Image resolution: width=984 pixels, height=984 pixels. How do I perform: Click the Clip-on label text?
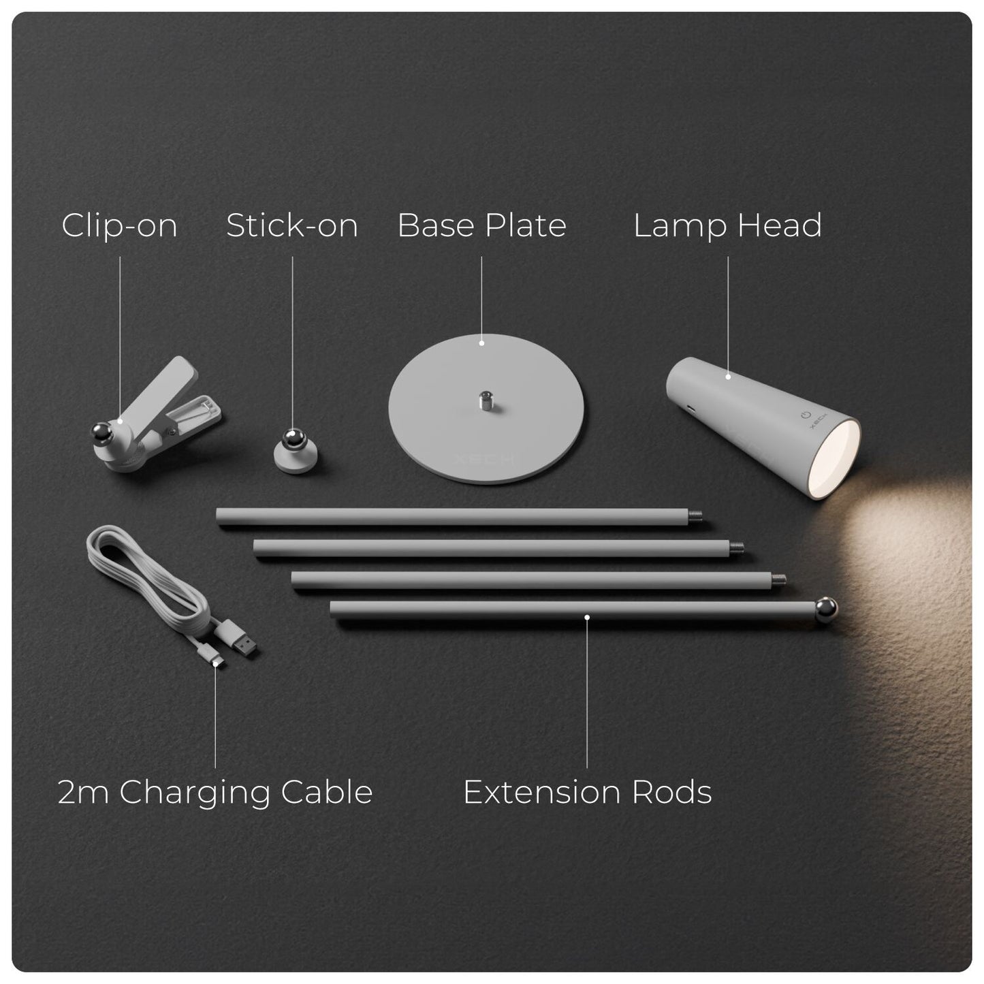[119, 225]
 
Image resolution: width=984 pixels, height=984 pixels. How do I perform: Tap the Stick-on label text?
[292, 225]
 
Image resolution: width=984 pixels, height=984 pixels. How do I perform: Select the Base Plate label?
[481, 225]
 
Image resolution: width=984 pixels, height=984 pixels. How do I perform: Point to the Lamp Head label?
[728, 225]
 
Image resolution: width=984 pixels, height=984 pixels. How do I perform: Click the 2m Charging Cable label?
[215, 792]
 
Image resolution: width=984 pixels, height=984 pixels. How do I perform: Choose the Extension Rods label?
[587, 792]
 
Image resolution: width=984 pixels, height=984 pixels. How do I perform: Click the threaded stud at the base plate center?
[486, 401]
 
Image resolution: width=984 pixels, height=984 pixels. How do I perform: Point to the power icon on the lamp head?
[806, 415]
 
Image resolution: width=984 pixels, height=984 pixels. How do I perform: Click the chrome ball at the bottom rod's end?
[826, 609]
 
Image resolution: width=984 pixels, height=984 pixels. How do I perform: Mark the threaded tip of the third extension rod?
[778, 579]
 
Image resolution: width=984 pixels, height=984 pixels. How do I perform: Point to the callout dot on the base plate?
[481, 344]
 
